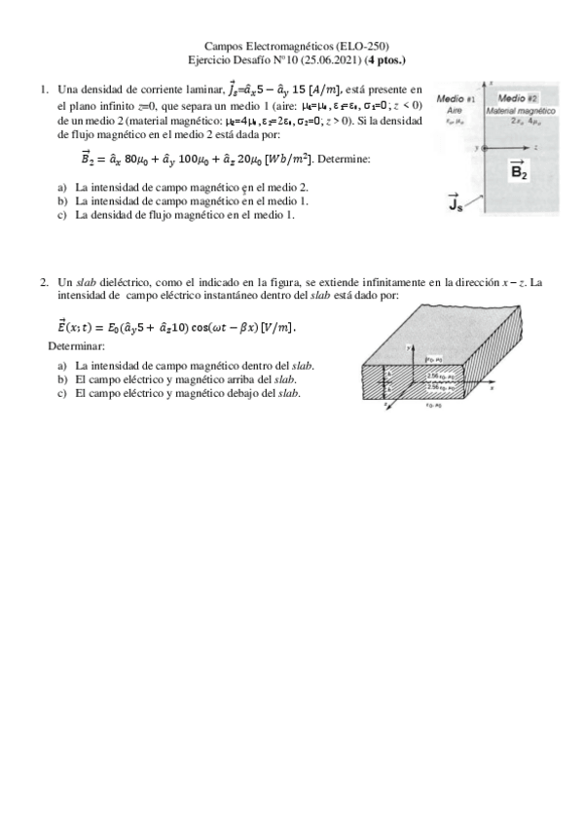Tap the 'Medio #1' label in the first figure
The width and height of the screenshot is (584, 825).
coord(456,99)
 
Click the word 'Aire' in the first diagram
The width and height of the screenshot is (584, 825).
coord(454,111)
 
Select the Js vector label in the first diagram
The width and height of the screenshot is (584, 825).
coord(454,202)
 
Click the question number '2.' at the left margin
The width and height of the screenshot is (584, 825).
coord(45,283)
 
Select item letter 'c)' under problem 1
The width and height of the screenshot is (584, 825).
coord(63,215)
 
